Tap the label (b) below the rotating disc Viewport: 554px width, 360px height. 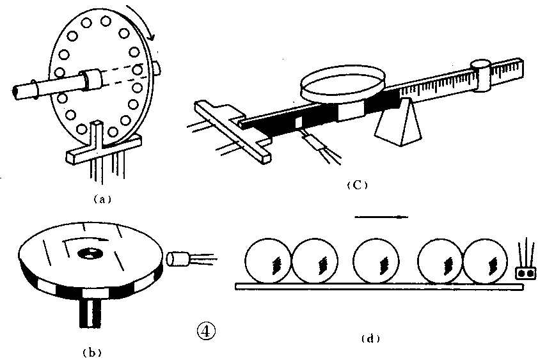91,352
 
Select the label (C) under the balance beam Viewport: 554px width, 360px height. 357,185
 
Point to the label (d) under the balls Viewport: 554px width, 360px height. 370,339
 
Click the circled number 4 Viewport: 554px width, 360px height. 205,331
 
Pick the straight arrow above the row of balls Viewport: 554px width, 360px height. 381,217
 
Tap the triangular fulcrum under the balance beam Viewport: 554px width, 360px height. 398,122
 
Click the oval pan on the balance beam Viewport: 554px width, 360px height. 342,84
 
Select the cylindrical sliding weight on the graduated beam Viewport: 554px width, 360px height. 481,75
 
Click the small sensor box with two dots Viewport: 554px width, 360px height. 526,274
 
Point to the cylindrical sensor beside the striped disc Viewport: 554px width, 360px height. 178,258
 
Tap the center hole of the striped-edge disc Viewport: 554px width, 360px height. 90,253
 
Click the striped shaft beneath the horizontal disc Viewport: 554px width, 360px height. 90,312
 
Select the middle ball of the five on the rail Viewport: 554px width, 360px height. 376,261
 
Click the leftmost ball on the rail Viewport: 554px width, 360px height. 268,261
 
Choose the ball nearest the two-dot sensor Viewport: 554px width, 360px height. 485,261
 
